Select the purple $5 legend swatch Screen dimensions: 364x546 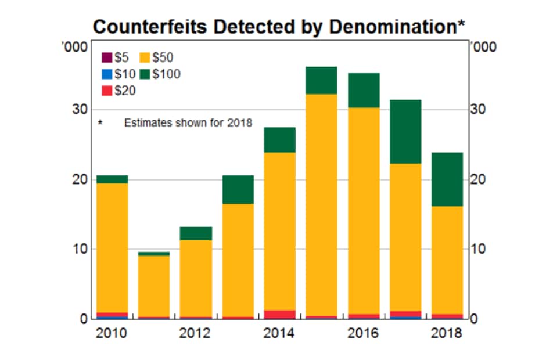pyautogui.click(x=107, y=57)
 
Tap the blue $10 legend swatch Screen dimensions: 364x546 pyautogui.click(x=107, y=74)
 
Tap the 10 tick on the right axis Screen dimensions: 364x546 pyautogui.click(x=477, y=249)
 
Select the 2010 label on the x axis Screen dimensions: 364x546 pyautogui.click(x=112, y=333)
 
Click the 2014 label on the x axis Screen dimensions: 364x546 pyautogui.click(x=279, y=333)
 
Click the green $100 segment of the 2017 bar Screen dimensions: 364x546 pyautogui.click(x=405, y=132)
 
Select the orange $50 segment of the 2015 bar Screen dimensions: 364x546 pyautogui.click(x=321, y=203)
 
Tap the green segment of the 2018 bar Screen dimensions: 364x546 pyautogui.click(x=447, y=179)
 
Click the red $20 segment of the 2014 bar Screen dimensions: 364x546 pyautogui.click(x=279, y=314)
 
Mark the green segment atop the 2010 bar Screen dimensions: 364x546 pyautogui.click(x=112, y=179)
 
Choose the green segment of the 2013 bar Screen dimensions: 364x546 pyautogui.click(x=238, y=189)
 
